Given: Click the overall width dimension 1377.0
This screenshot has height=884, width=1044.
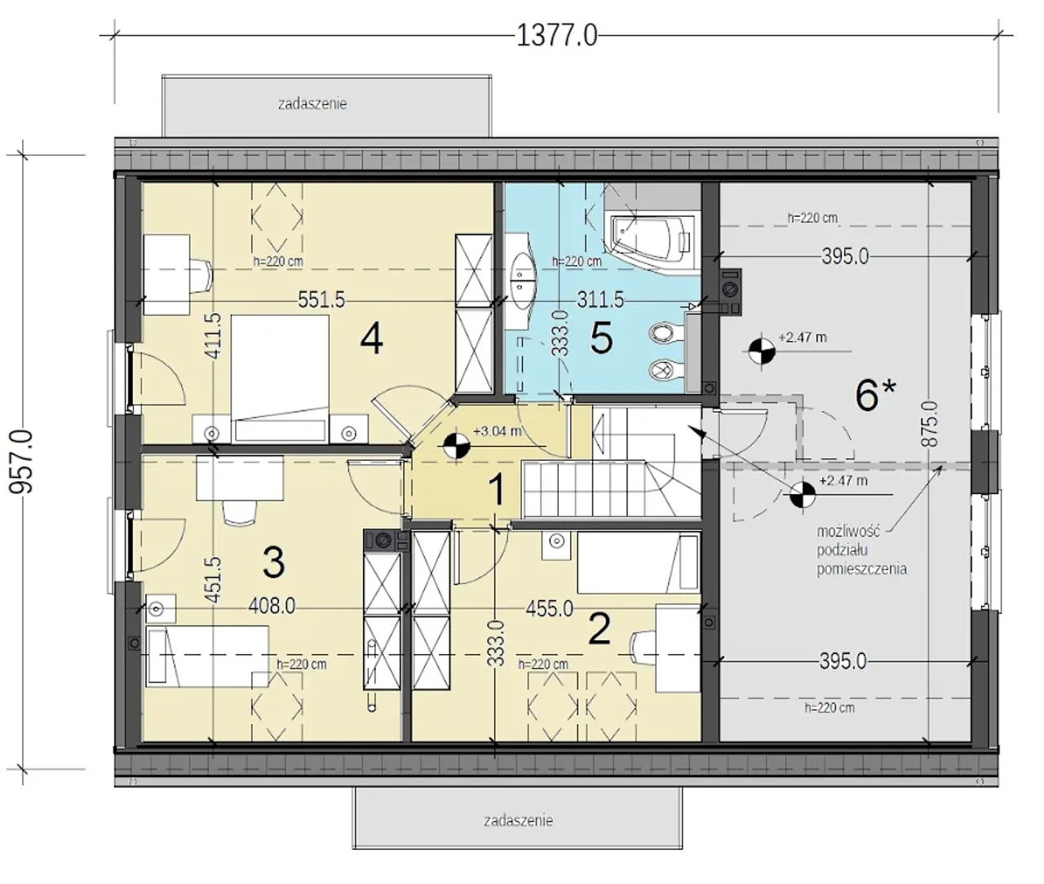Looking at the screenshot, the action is click(556, 36).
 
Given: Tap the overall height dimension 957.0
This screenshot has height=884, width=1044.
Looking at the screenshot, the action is click(22, 462).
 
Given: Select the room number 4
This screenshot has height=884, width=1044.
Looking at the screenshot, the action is click(371, 339).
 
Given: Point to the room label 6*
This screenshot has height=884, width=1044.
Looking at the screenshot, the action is click(876, 396).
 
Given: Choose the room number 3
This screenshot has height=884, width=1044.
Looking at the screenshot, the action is click(274, 563).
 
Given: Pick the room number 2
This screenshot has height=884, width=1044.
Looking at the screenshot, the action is click(599, 629).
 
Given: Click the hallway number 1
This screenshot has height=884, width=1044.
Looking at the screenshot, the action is click(498, 490).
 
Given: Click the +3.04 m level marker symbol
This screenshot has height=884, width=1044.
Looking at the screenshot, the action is click(457, 447).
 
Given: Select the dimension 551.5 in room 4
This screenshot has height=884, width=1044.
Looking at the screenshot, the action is click(321, 300).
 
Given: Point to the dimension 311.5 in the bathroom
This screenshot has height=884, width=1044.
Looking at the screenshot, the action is click(600, 300).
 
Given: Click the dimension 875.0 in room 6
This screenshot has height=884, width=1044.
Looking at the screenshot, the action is click(929, 423).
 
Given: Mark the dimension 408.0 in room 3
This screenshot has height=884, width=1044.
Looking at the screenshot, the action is click(272, 606).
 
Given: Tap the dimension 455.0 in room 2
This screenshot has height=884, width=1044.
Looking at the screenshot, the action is click(550, 608).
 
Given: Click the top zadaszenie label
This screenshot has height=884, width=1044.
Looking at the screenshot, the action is click(312, 104).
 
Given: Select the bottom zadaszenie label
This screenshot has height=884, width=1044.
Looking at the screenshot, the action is click(518, 820).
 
